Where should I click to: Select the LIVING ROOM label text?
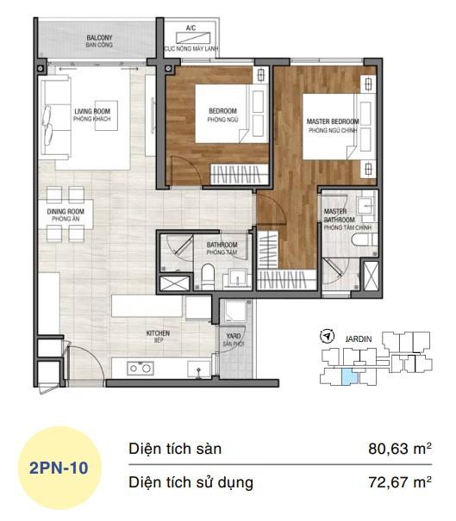tap(92, 115)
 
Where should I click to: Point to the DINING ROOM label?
tap(65, 215)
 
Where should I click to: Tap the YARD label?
tap(233, 340)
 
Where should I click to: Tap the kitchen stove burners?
tap(141, 368)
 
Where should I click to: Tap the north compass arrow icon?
tap(326, 336)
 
